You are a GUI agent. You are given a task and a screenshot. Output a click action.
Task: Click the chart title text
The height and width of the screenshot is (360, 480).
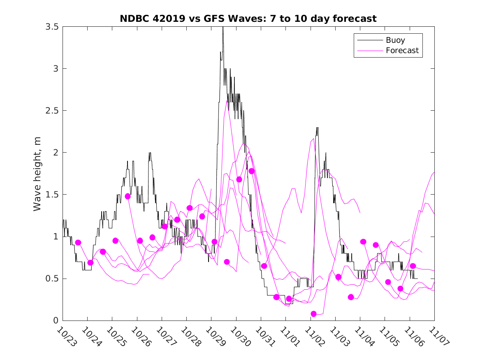point(248,19)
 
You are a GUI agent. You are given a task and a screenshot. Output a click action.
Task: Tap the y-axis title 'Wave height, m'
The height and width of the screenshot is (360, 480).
point(37,174)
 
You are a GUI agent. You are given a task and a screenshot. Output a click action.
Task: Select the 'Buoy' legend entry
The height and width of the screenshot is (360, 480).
point(395,40)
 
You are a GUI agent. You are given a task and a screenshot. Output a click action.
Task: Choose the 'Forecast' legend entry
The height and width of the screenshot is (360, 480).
point(402,51)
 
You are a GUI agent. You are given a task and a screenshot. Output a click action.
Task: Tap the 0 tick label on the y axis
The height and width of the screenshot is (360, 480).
point(56,321)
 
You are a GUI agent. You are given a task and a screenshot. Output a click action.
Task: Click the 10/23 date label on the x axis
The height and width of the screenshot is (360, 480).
point(66,336)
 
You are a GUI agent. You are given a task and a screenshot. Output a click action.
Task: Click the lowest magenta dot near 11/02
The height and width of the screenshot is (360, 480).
point(314,314)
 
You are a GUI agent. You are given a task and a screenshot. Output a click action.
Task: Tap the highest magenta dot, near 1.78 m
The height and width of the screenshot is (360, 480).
point(252,171)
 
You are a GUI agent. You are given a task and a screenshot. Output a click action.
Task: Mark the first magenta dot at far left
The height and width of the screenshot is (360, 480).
point(78,243)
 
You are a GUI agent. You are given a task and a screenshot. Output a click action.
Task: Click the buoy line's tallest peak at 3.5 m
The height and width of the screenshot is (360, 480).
point(223,27)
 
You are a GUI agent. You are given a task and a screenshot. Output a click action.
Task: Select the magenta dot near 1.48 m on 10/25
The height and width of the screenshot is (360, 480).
point(128,196)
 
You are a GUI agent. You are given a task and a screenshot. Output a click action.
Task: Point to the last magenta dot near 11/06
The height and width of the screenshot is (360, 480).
point(413,266)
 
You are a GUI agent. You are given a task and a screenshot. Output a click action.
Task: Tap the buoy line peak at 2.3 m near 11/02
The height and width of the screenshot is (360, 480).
point(317,128)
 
